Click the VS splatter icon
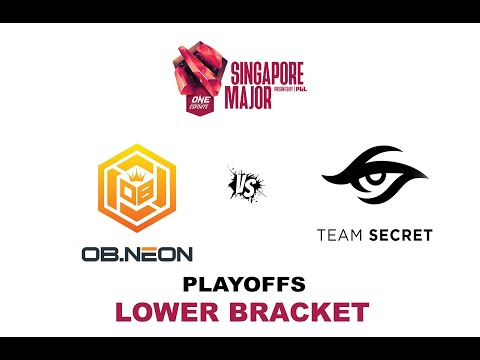(239, 183)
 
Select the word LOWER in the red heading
(171, 311)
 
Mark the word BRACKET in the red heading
(298, 311)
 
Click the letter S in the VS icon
(245, 184)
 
